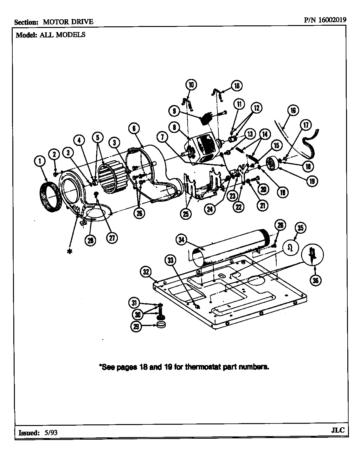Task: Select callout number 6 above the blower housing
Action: (134, 128)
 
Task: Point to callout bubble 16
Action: (293, 110)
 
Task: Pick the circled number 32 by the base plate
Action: (146, 272)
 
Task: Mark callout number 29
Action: (136, 327)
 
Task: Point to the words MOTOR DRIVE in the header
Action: (68, 22)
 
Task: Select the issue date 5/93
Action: (50, 432)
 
